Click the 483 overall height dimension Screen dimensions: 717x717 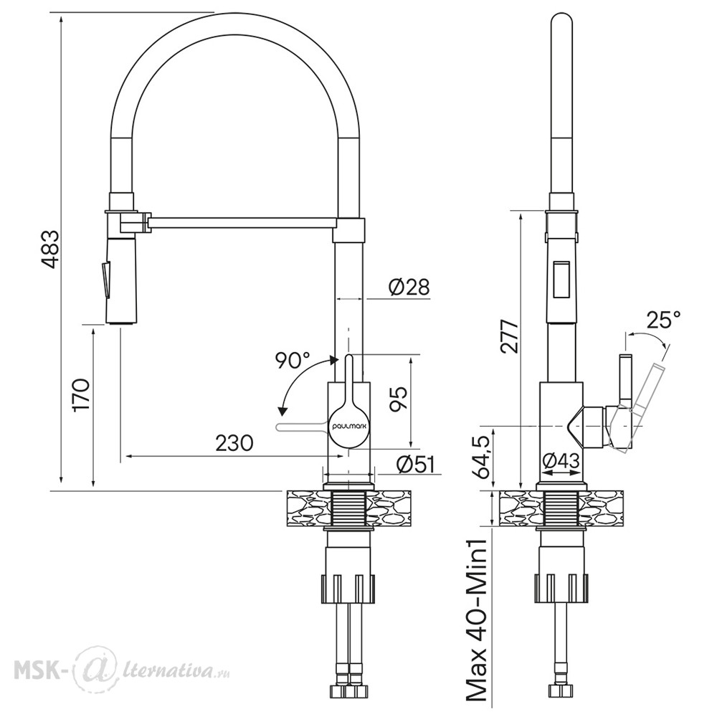click(x=50, y=250)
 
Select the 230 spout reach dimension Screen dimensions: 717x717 click(x=234, y=442)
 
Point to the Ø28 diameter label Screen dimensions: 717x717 click(x=409, y=288)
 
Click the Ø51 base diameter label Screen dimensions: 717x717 click(x=415, y=465)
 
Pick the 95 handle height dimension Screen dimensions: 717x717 click(x=398, y=399)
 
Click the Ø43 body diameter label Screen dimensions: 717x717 click(x=561, y=461)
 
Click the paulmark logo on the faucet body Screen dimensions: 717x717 click(x=349, y=424)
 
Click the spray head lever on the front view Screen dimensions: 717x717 click(x=105, y=280)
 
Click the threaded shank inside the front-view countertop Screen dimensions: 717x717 click(x=348, y=508)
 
